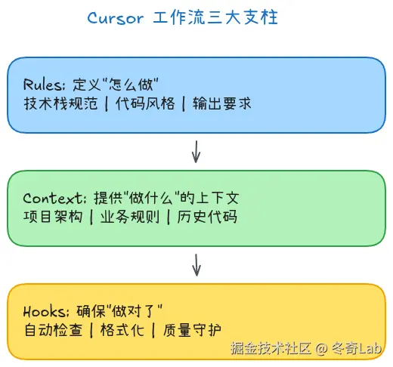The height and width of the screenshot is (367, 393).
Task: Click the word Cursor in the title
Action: click(115, 18)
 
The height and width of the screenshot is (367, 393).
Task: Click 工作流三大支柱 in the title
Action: click(215, 18)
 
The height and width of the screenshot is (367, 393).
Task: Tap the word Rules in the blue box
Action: click(40, 85)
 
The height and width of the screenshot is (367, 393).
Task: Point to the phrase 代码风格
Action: click(145, 104)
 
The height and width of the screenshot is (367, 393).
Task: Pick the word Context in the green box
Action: click(48, 199)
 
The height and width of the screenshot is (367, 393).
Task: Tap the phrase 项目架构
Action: click(52, 218)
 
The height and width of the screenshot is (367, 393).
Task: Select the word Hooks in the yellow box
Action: click(42, 310)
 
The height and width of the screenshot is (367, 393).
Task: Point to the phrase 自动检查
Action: click(52, 330)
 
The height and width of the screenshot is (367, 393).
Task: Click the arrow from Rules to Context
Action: click(196, 151)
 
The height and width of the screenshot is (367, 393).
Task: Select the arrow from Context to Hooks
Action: click(196, 264)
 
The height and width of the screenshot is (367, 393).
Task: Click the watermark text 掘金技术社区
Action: click(271, 349)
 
